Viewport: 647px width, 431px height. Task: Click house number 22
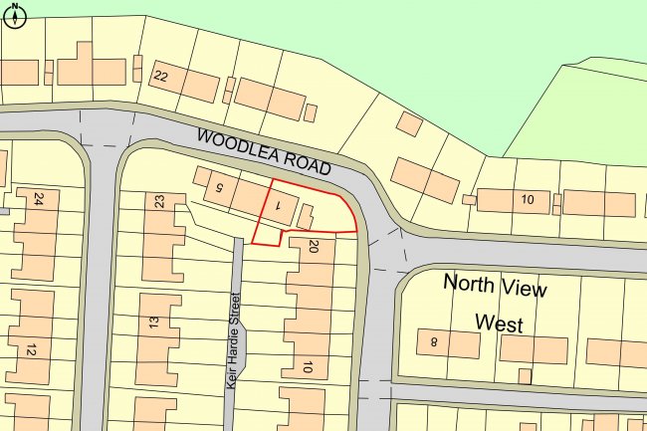pyautogui.click(x=162, y=77)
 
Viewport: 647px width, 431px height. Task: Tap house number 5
pyautogui.click(x=220, y=185)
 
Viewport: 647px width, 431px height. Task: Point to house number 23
pyautogui.click(x=159, y=201)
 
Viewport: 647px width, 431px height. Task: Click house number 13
pyautogui.click(x=153, y=322)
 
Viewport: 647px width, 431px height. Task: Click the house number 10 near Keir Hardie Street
pyautogui.click(x=308, y=368)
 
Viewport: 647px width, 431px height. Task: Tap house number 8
pyautogui.click(x=434, y=342)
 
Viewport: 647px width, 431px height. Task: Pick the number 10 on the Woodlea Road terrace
pyautogui.click(x=528, y=201)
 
